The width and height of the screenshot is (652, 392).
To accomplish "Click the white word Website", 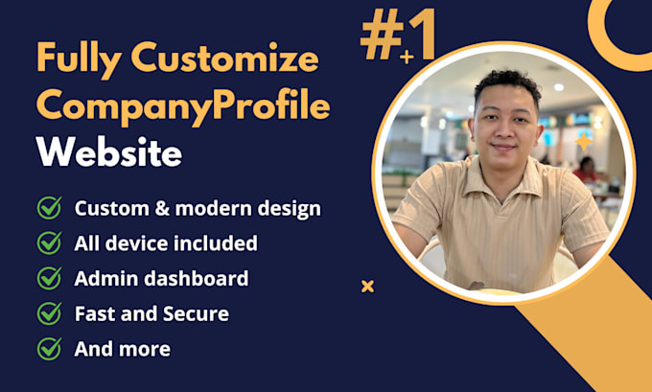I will (108, 150).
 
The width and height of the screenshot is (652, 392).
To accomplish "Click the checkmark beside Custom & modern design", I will (49, 208).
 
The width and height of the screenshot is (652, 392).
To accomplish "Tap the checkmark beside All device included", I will (49, 243).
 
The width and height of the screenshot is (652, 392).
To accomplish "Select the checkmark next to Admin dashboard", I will (49, 279).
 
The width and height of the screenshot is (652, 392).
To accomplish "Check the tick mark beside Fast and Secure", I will (49, 313).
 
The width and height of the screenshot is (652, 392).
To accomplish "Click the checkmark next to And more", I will (49, 349).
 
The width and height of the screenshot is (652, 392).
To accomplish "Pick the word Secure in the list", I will (196, 313).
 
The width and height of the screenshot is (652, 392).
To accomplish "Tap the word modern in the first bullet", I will (206, 208).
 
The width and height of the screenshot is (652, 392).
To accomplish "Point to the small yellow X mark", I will (367, 286).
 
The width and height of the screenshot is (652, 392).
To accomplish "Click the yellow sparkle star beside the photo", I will (583, 143).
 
